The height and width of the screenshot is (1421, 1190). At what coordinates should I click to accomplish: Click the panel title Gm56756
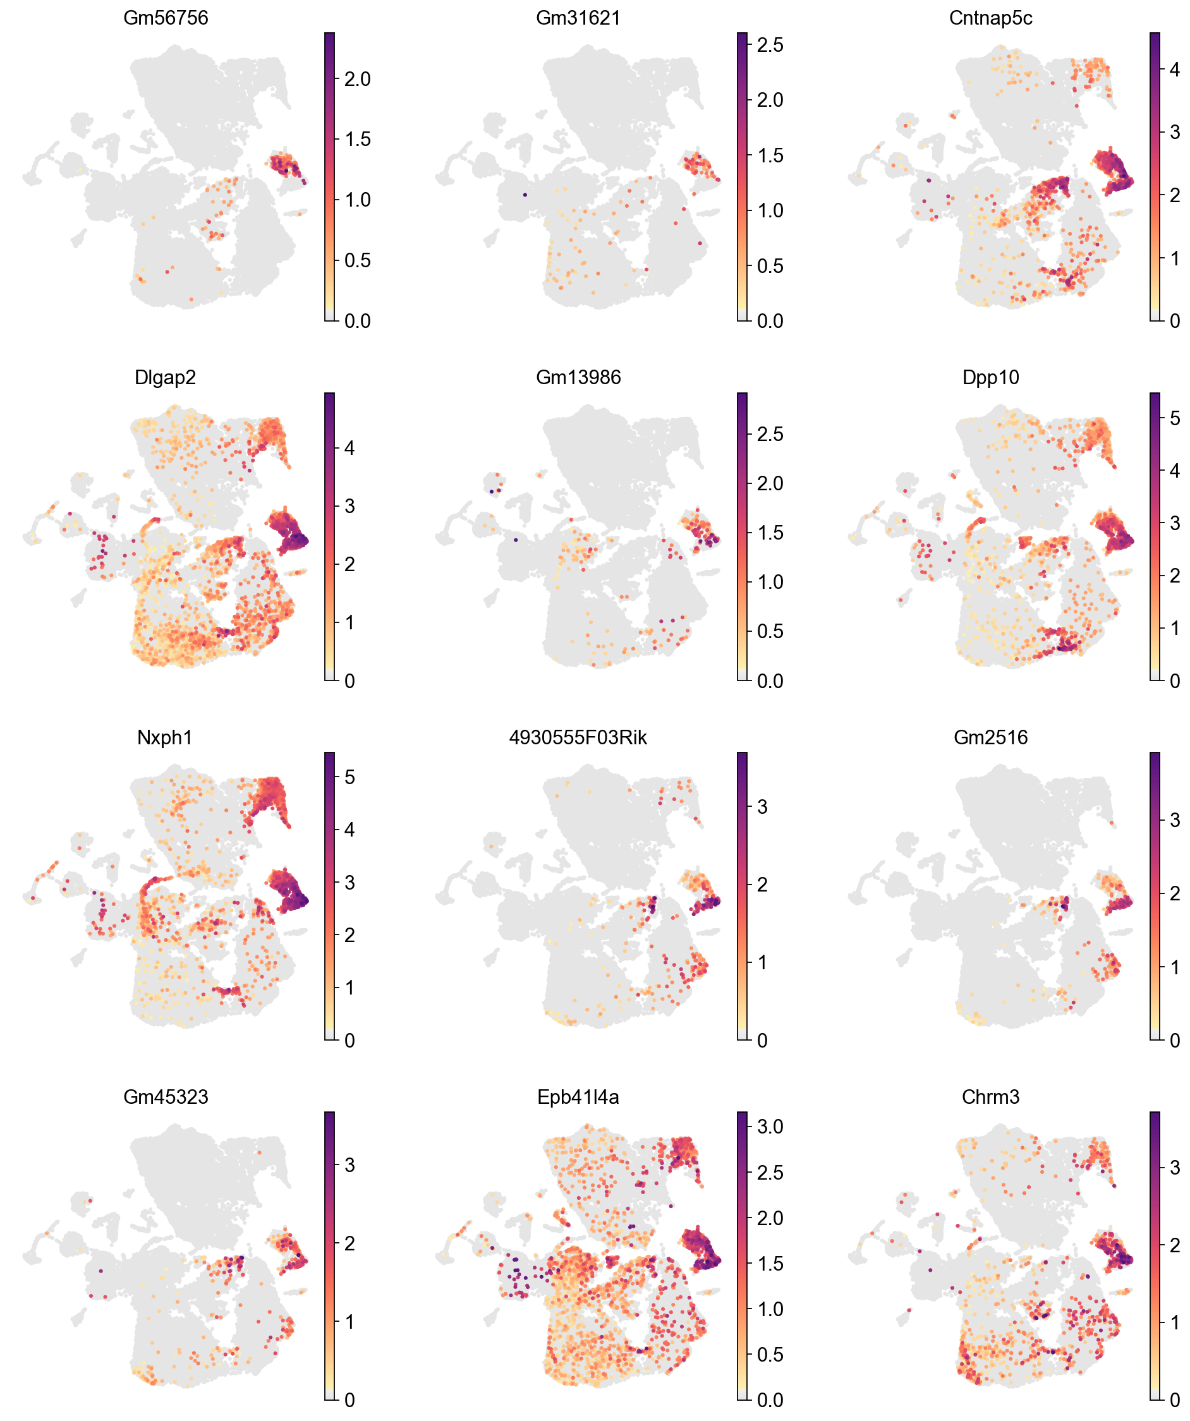(165, 18)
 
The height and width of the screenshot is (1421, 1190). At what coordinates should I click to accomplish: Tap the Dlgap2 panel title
(165, 377)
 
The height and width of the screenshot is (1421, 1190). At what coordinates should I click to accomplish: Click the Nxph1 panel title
(165, 737)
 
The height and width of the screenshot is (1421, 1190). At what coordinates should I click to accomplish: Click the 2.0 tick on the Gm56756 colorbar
(356, 79)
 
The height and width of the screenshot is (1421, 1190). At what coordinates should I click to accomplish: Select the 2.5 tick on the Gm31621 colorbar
(770, 45)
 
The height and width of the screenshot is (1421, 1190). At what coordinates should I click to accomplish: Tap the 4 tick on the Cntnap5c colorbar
(1174, 69)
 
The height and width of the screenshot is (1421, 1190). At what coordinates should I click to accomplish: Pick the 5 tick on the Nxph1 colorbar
(349, 777)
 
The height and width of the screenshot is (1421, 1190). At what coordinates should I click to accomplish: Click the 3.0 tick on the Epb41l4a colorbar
(770, 1127)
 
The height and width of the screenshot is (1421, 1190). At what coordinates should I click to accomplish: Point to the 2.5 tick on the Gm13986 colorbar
(770, 433)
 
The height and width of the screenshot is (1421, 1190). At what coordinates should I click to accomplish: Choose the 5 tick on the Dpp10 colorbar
(1174, 418)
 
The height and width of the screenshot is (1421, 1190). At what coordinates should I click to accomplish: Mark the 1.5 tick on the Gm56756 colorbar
(356, 140)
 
